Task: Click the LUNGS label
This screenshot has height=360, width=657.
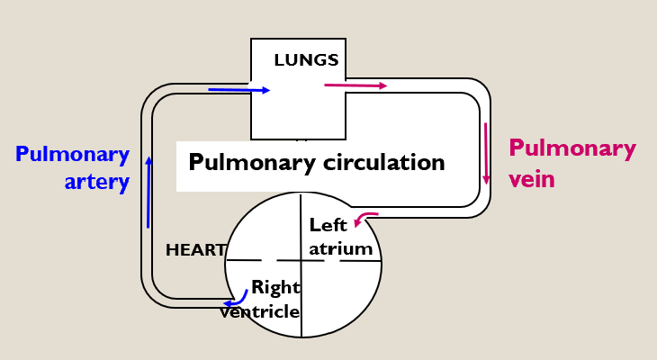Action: click(x=306, y=60)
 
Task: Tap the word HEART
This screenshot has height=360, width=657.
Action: click(x=194, y=249)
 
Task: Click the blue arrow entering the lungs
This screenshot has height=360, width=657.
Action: click(x=238, y=90)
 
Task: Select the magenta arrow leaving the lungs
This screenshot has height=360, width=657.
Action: click(x=355, y=85)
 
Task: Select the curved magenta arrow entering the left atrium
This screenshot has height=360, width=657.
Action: click(x=366, y=218)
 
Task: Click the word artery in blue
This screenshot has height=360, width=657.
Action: click(x=98, y=182)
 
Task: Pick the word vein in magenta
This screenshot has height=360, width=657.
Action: click(x=532, y=179)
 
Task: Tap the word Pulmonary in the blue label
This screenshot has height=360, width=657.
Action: click(x=73, y=153)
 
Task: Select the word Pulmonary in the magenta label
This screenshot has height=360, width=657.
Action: click(x=572, y=148)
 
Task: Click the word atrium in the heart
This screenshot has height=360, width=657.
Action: click(x=340, y=247)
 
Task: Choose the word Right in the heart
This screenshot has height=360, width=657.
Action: click(x=274, y=287)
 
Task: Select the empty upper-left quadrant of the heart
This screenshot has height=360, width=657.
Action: click(x=265, y=229)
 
